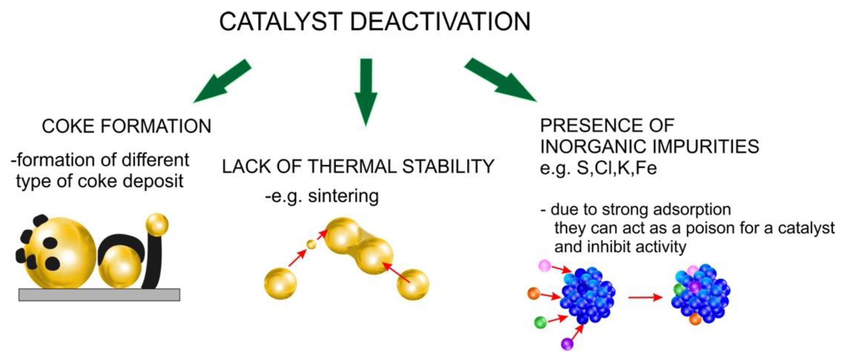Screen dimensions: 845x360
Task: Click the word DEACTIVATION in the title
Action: tap(440, 22)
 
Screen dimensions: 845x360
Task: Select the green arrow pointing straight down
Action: tap(366, 92)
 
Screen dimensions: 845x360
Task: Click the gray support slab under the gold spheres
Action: tap(99, 294)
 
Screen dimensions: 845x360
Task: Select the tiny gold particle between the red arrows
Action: tap(311, 244)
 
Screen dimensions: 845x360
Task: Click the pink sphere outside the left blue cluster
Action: tap(545, 265)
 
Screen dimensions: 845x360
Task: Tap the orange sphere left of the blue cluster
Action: tap(534, 293)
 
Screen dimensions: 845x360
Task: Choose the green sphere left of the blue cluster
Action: tap(540, 322)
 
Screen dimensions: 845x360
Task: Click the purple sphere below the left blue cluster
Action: tap(567, 344)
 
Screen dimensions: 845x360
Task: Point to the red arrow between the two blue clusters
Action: tap(645, 297)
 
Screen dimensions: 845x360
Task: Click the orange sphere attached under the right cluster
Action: tap(695, 319)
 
